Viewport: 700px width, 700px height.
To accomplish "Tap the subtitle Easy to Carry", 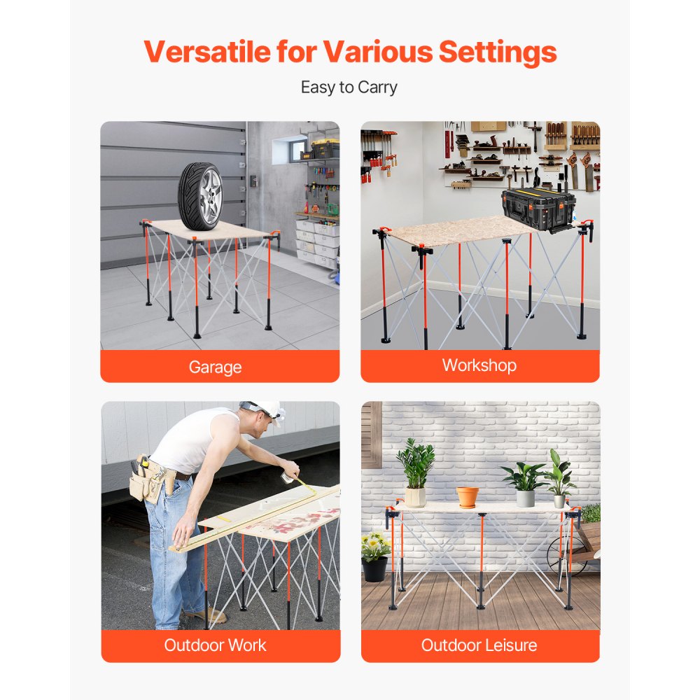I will pyautogui.click(x=349, y=87).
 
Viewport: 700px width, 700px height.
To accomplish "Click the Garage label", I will pyautogui.click(x=215, y=367).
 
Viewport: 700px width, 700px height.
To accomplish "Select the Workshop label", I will pyautogui.click(x=479, y=365).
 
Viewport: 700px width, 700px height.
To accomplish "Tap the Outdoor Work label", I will pyautogui.click(x=215, y=645).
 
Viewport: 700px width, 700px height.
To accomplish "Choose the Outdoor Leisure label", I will pyautogui.click(x=479, y=645).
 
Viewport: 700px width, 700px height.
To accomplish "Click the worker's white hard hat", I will pyautogui.click(x=264, y=409).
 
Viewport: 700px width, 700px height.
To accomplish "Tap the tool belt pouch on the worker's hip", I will pyautogui.click(x=148, y=482).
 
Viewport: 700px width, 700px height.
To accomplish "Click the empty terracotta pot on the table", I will pyautogui.click(x=468, y=496).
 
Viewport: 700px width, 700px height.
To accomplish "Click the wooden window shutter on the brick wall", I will pyautogui.click(x=371, y=435).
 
